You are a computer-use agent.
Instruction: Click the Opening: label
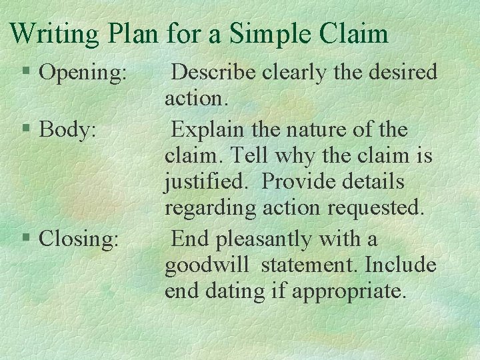point(83,73)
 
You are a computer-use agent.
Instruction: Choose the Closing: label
point(79,238)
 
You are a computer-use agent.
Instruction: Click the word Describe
point(216,71)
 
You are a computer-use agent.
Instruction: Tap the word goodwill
point(206,265)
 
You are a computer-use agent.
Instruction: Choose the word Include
point(399,265)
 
